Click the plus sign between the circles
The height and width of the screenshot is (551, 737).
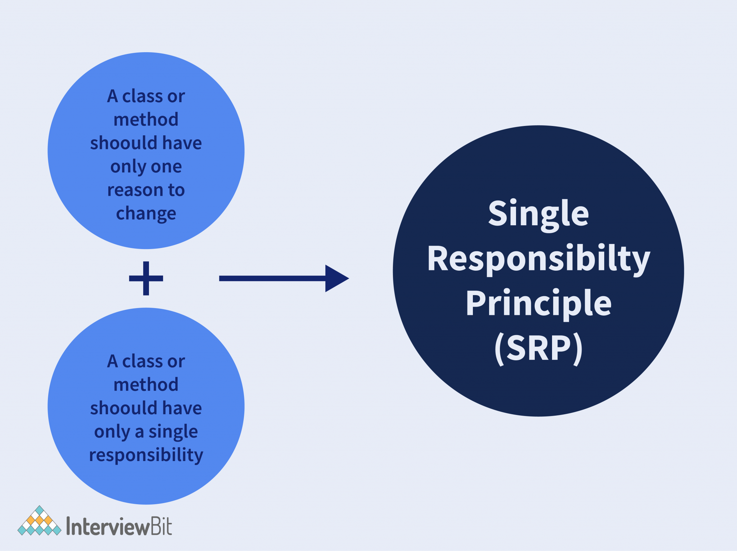146,278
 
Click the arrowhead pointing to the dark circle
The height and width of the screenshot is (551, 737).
336,278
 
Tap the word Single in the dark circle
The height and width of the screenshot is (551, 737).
538,214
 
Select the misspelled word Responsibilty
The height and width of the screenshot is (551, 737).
538,259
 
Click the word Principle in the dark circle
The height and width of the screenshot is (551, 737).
538,303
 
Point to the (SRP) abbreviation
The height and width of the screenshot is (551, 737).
538,348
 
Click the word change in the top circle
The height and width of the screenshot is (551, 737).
146,214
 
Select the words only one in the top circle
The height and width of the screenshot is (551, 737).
146,167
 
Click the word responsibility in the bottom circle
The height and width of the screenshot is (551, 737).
146,455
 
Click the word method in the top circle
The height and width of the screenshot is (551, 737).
146,119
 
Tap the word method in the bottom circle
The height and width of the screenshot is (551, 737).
146,385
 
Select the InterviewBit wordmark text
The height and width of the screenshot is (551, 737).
119,527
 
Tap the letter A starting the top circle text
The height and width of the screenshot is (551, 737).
113,96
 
